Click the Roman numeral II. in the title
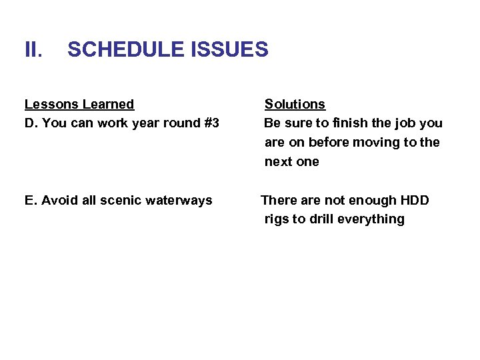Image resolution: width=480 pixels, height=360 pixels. [33, 49]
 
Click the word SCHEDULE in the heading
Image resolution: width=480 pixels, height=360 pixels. [125, 49]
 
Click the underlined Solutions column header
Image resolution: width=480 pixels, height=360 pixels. [295, 104]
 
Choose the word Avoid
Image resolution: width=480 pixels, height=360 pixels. [58, 201]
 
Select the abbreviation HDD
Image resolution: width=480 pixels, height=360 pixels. [415, 201]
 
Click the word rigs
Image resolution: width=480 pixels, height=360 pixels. [277, 219]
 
